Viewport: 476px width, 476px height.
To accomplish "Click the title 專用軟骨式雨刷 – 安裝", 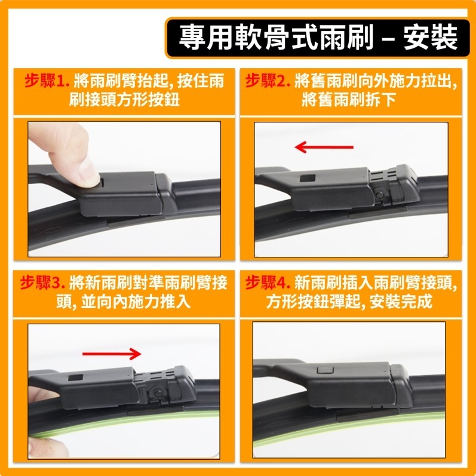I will tap(317, 38).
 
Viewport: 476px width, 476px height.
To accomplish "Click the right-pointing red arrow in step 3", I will tap(112, 354).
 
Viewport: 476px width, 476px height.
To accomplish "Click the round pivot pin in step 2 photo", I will tap(380, 194).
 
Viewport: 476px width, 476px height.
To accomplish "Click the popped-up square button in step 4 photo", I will tap(324, 370).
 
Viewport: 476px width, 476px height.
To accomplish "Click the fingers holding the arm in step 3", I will tap(37, 397).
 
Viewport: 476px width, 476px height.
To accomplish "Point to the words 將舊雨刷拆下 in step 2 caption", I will tap(349, 99).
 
